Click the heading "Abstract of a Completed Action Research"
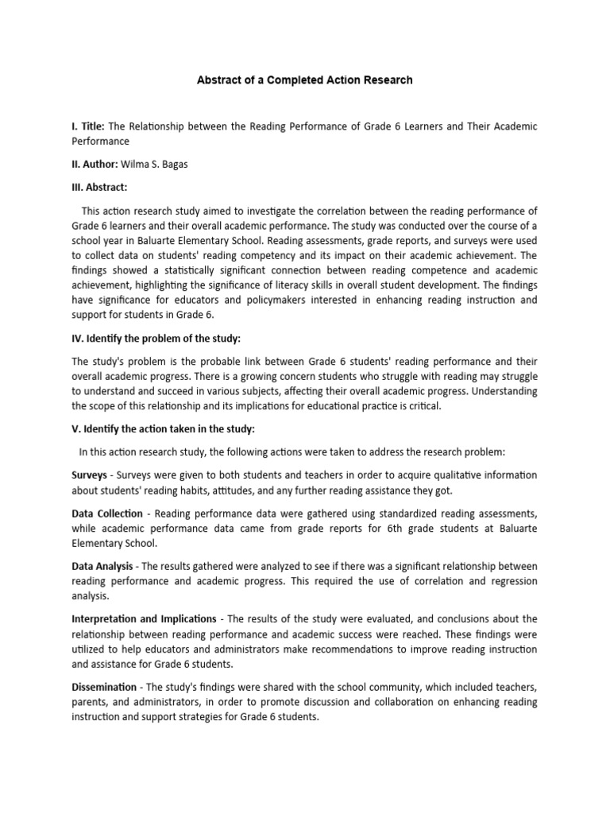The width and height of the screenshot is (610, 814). [305, 80]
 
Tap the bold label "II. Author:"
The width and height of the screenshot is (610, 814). [95, 164]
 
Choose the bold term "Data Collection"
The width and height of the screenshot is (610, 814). [106, 514]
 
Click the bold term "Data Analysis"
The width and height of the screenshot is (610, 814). [102, 566]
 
